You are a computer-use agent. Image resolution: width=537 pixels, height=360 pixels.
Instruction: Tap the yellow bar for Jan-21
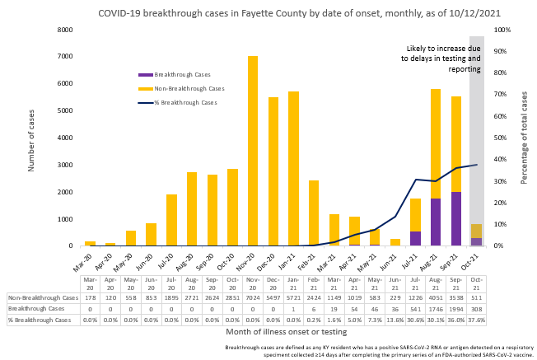[x=293, y=168]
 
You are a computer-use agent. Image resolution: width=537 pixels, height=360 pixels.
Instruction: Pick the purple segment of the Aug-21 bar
[x=436, y=222]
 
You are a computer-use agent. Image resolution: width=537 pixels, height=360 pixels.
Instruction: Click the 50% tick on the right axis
[x=503, y=138]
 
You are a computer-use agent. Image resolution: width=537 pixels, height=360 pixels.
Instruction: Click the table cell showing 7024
[x=253, y=297]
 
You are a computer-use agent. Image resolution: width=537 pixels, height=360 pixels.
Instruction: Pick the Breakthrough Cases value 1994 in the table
[x=456, y=309]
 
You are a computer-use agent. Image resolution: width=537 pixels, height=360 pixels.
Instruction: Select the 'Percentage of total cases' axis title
[x=524, y=138]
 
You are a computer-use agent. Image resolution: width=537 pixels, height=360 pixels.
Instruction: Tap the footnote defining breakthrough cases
[x=375, y=350]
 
